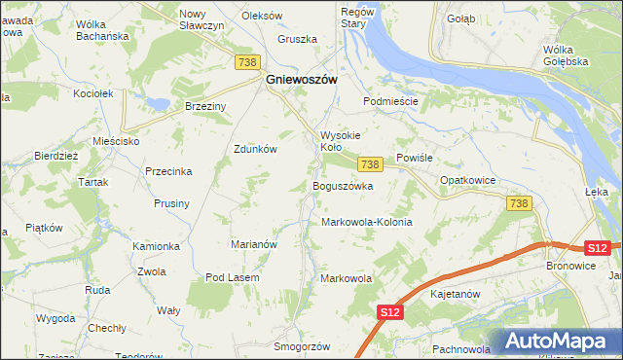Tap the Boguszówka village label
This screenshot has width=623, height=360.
[x=343, y=185]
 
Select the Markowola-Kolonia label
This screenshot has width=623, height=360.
[x=367, y=222]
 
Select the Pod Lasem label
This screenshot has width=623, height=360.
[x=232, y=277]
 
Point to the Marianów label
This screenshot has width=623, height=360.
[x=254, y=244]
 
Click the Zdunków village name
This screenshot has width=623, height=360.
[x=256, y=149]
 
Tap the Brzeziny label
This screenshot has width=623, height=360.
[x=205, y=106]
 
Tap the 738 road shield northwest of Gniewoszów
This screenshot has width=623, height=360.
[x=247, y=61]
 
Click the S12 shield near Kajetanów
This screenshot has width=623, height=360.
[x=389, y=311]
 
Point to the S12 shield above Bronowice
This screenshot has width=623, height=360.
[x=598, y=248]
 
